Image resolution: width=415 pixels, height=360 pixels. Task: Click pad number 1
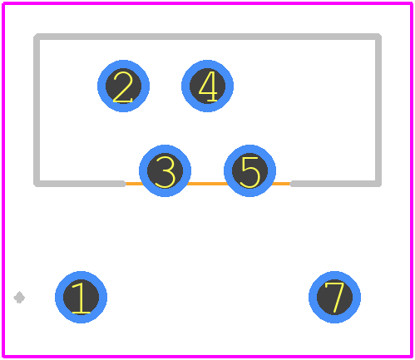pos(81,297)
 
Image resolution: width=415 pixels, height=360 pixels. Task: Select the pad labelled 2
pos(123,86)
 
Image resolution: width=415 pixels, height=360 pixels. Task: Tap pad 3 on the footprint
pos(165,170)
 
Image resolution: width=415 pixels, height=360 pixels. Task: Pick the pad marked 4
pos(207,86)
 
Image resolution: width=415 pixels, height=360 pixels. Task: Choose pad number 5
pos(249,170)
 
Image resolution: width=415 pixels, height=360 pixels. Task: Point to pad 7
pos(334,297)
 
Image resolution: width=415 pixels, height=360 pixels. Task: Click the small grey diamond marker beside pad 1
pos(19,298)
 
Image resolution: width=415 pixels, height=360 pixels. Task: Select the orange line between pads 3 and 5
pos(207,184)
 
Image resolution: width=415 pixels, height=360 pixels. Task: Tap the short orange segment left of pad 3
pos(134,184)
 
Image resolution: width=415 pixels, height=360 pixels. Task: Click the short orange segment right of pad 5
pos(281,184)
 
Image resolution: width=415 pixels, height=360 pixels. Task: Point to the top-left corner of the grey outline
pos(37,37)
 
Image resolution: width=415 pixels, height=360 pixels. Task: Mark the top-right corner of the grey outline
pos(378,37)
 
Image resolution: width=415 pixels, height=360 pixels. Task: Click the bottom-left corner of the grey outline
pos(37,184)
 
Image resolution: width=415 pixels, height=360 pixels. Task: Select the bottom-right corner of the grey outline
pos(378,184)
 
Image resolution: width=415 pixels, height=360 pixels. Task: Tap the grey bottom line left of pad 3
pos(80,184)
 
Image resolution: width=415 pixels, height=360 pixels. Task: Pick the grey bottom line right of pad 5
pos(335,184)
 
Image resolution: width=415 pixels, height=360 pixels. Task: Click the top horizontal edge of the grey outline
pos(208,37)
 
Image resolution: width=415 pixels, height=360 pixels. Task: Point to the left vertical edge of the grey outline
pos(37,110)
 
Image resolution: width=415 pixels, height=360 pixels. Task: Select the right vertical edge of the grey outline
pos(378,110)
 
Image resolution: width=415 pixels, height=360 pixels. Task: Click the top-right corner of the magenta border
pos(411,3)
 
